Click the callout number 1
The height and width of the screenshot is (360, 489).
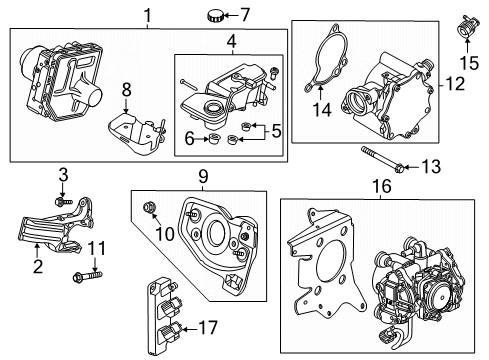pos(147,16)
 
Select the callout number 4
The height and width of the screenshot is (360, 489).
pos(230,43)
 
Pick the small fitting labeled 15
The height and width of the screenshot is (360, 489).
pos(466,27)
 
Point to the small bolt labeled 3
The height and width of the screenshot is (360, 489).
pos(62,201)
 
